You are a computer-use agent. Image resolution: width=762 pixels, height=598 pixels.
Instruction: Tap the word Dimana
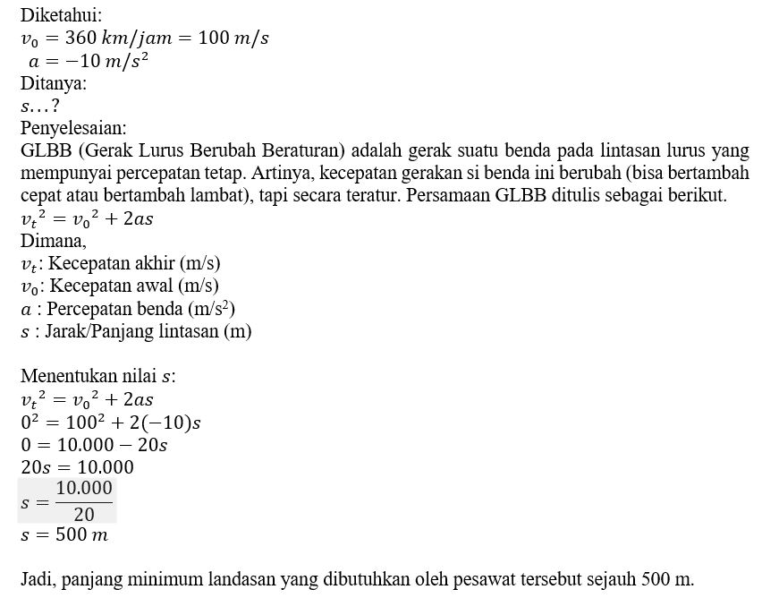[x=54, y=241]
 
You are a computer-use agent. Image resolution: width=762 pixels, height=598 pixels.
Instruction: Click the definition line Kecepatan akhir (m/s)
[x=134, y=263]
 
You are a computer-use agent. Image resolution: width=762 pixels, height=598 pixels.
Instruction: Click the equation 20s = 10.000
[x=77, y=466]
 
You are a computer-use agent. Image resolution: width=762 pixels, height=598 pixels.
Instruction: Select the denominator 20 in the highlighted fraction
[x=84, y=514]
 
